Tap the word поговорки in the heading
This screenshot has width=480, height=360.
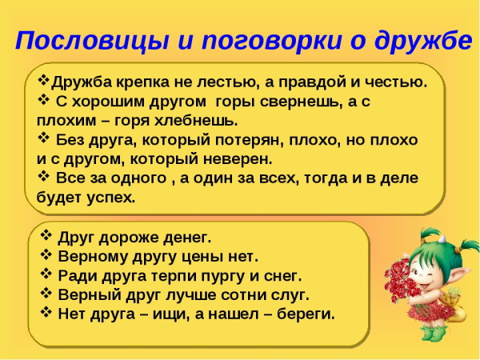pyautogui.click(x=254, y=41)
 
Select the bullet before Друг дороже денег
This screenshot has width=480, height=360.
pyautogui.click(x=46, y=237)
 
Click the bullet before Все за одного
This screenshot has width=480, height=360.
pyautogui.click(x=44, y=177)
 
